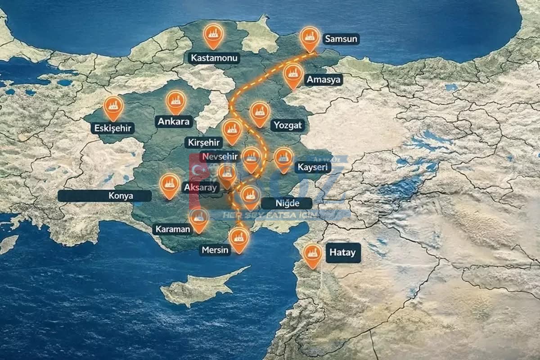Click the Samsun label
pyautogui.click(x=341, y=39)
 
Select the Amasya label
pyautogui.click(x=324, y=80)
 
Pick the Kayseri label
pyautogui.click(x=312, y=168)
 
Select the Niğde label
pyautogui.click(x=287, y=203)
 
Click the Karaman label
pyautogui.click(x=173, y=229)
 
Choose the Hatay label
pyautogui.click(x=342, y=252)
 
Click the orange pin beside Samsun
pyautogui.click(x=309, y=37)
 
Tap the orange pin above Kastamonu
pyautogui.click(x=213, y=35)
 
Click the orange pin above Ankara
pyautogui.click(x=176, y=101)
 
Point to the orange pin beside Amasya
pyautogui.click(x=293, y=75)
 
